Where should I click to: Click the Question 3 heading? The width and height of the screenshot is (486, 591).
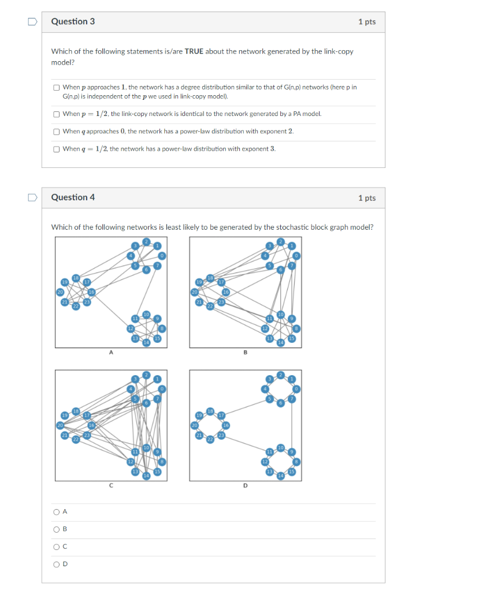[x=73, y=21]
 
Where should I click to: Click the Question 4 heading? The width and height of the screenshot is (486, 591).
[x=73, y=197]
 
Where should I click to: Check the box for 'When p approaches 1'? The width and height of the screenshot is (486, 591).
[x=57, y=88]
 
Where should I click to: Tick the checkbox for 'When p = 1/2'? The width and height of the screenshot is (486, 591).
[x=57, y=114]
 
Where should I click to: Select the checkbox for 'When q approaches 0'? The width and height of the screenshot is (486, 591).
[x=57, y=132]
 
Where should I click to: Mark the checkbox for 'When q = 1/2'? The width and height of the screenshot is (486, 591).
[x=57, y=149]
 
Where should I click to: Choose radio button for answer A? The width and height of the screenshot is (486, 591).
[x=57, y=511]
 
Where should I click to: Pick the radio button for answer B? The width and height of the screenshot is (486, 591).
[x=57, y=529]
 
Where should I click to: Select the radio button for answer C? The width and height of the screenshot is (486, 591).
[x=57, y=547]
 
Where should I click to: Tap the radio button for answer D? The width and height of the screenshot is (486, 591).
[x=57, y=564]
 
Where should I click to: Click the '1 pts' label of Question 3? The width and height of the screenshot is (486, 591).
[x=366, y=22]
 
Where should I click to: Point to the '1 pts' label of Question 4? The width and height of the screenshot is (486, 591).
[x=366, y=198]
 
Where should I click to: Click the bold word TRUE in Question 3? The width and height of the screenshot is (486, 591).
[x=195, y=51]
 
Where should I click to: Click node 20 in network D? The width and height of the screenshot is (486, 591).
[x=194, y=425]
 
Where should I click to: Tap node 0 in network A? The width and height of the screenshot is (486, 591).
[x=162, y=256]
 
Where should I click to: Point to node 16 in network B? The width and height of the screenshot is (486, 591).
[x=226, y=293]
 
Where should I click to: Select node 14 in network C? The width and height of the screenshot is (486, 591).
[x=146, y=475]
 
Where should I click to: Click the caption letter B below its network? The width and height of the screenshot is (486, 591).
[x=245, y=353]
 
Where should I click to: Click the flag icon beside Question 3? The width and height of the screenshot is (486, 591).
[x=32, y=22]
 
